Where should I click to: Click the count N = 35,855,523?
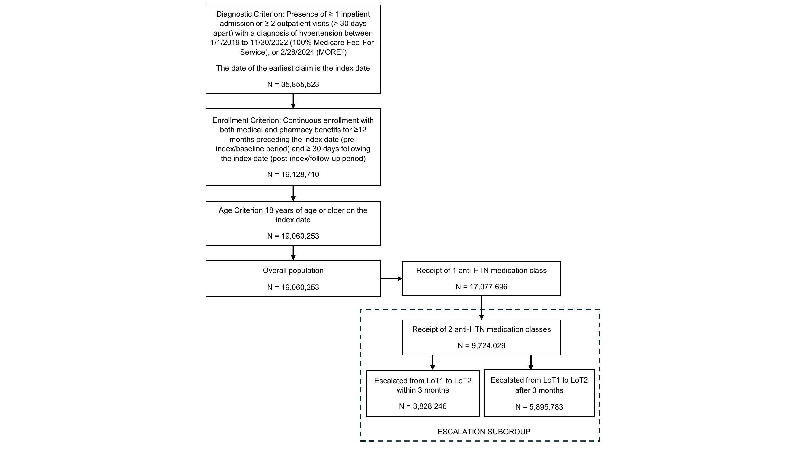tap(293, 85)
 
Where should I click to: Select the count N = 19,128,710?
tap(293, 175)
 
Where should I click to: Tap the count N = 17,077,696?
tap(481, 287)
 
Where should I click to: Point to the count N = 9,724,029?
tap(481, 345)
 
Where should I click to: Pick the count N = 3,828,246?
tap(423, 406)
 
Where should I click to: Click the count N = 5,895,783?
tap(539, 407)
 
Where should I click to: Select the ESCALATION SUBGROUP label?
tap(484, 432)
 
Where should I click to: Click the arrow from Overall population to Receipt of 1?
tap(391, 278)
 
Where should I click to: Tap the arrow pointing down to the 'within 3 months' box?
tap(433, 363)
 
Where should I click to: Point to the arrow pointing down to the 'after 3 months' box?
tap(531, 362)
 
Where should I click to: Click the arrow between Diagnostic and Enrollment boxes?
tap(293, 101)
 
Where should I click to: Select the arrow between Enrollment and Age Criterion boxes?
tap(293, 194)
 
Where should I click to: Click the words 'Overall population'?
tap(293, 270)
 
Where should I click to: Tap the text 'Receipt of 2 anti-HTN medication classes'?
tap(481, 329)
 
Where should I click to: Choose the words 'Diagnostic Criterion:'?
tap(250, 14)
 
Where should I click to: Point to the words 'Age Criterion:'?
tap(241, 210)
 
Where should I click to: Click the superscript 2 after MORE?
tap(343, 50)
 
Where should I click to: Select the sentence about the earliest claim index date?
tap(293, 68)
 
